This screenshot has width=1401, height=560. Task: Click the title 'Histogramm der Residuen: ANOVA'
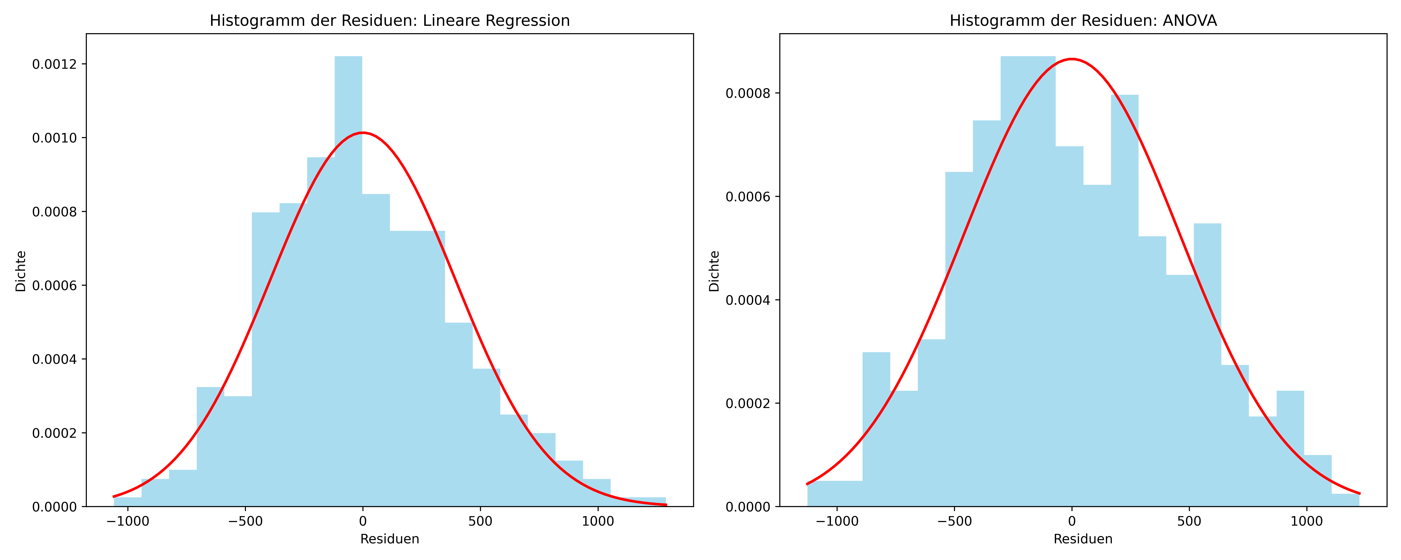1083,21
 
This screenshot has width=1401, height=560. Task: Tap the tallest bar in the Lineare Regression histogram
348,281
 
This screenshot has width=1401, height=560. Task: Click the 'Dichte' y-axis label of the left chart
21,271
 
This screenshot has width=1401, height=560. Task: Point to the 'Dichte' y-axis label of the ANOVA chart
714,271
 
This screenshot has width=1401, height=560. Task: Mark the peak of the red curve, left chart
363,132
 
